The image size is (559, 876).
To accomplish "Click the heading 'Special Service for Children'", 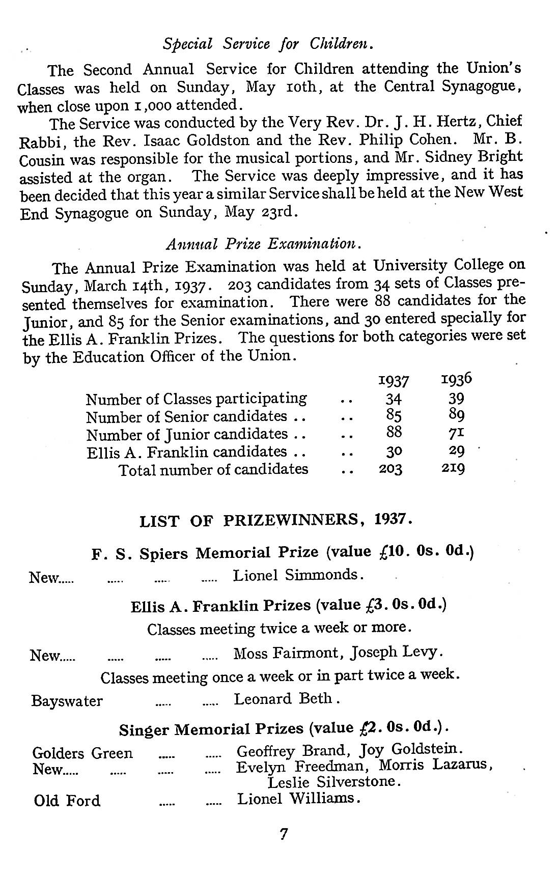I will coord(269,44).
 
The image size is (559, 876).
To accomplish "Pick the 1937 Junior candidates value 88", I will coord(394,433).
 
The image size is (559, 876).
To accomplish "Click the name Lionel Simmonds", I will coord(298,575).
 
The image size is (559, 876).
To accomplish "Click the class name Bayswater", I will coord(67,701).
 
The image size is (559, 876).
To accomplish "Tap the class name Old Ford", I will coord(67,801).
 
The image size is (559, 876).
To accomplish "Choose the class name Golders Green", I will coord(82,753).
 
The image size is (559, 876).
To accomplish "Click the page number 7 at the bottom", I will coord(284,834).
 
